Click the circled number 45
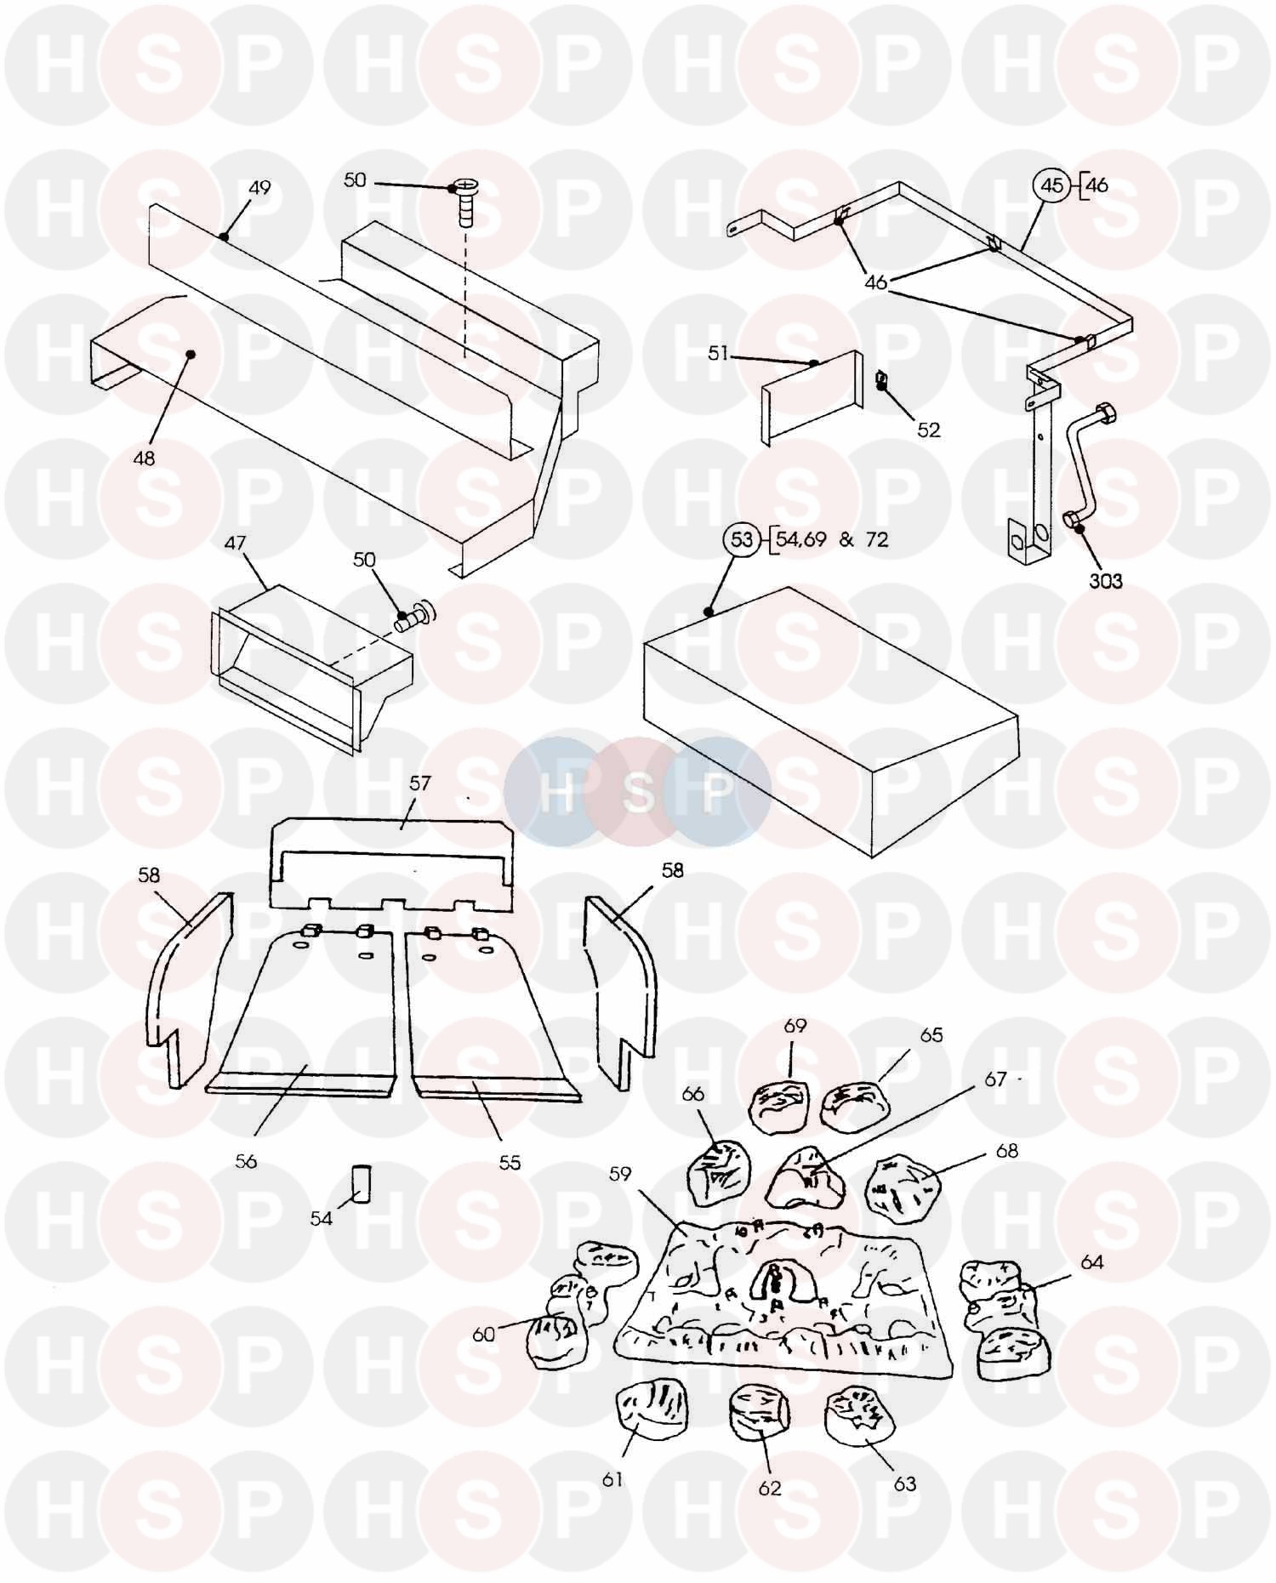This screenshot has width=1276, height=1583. [1053, 185]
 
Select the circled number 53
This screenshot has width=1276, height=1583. [743, 539]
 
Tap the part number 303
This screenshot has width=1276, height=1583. [1106, 581]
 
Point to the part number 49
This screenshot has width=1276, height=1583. [259, 187]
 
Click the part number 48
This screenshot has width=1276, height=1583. [145, 458]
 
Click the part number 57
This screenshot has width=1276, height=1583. [420, 783]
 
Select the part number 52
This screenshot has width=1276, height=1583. [929, 430]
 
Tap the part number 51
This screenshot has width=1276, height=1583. [719, 352]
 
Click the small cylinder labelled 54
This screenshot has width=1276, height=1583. [363, 1184]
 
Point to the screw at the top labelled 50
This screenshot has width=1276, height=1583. [464, 202]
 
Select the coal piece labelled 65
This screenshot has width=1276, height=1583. [855, 1108]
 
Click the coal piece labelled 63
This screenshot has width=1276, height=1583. [860, 1414]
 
